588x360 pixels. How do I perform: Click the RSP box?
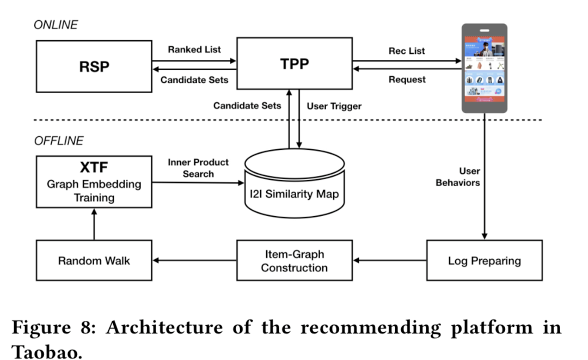coord(94,66)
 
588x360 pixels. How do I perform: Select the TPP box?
coord(295,64)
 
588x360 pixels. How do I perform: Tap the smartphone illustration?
coord(485,68)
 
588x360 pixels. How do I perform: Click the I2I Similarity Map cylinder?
coord(295,185)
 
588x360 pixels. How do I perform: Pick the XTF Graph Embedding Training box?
coord(94,181)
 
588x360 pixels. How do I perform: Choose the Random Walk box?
coord(94,260)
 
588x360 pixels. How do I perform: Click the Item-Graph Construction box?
coord(295,260)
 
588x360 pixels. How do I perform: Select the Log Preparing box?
coord(484,260)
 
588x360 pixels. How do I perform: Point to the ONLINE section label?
coord(56,25)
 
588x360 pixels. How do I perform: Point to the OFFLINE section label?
coord(59,141)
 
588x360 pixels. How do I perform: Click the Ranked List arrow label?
coord(194,50)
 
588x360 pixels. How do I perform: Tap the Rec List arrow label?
coord(407,51)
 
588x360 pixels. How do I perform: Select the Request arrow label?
coord(407,80)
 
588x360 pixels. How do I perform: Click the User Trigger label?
coord(334,106)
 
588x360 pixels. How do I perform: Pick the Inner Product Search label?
coord(198,168)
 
